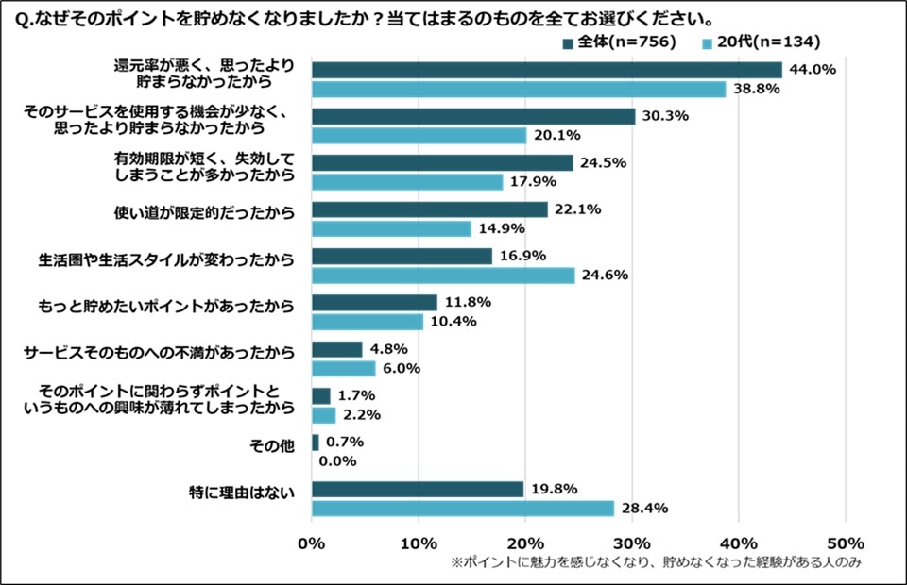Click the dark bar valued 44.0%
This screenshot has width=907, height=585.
point(546,70)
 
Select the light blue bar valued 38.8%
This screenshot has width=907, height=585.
point(519,89)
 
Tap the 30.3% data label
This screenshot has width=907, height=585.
point(664,116)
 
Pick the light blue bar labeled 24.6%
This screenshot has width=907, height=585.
point(443,276)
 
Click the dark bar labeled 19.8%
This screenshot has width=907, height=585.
point(418,489)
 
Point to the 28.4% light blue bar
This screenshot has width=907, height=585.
point(463,509)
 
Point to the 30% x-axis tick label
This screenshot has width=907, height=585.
point(632,543)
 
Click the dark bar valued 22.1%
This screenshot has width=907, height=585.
point(430,209)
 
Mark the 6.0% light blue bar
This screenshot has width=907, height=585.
point(343,369)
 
